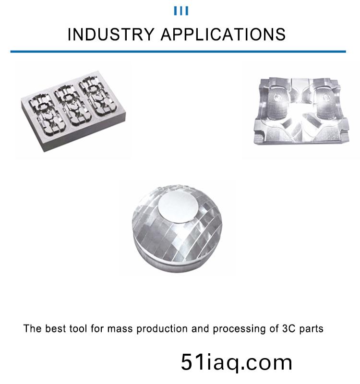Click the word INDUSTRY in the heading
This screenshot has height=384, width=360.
[111, 34]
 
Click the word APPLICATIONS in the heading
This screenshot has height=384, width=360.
[223, 34]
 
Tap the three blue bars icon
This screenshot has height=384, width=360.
[181, 11]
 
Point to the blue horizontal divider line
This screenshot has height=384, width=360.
[178, 51]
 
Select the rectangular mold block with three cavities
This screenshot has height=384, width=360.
[73, 111]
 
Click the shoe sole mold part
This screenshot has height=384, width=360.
[301, 111]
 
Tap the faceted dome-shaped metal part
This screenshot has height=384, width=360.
[177, 228]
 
